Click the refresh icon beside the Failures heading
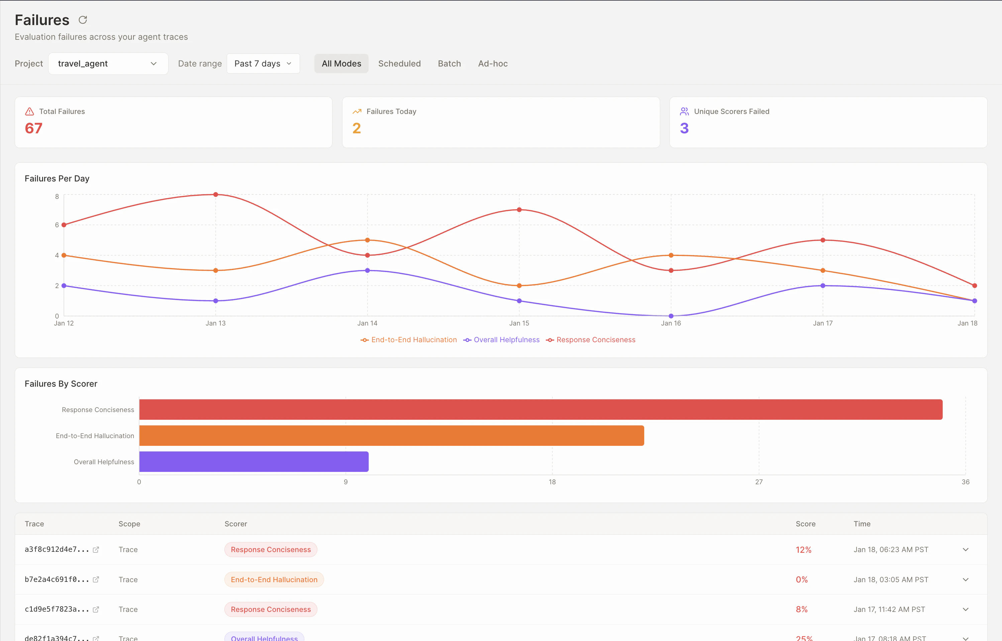click(x=83, y=20)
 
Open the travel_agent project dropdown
click(x=108, y=64)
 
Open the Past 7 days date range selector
click(x=263, y=64)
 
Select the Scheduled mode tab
click(x=399, y=64)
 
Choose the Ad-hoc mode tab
click(x=492, y=64)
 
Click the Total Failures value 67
click(x=34, y=128)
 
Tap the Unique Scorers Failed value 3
click(x=684, y=128)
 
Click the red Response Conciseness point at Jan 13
click(x=215, y=195)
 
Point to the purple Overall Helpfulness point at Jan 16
click(x=671, y=316)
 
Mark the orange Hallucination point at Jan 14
click(x=367, y=240)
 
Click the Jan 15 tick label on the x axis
click(x=519, y=323)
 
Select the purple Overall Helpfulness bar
click(x=254, y=462)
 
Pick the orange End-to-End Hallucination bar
click(x=392, y=435)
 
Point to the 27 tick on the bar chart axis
click(x=759, y=482)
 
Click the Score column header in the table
click(x=805, y=524)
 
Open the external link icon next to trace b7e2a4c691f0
click(x=96, y=580)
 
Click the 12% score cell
click(x=803, y=549)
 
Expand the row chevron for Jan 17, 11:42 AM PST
click(x=965, y=609)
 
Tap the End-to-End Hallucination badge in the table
click(x=274, y=580)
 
